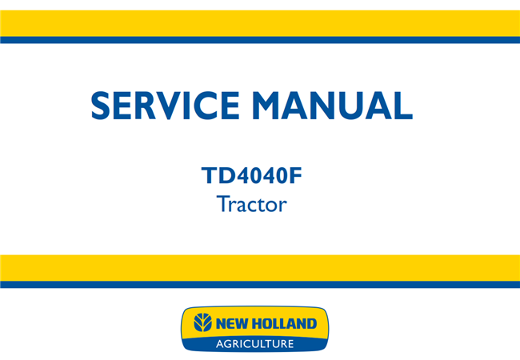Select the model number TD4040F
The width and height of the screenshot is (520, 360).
point(251,174)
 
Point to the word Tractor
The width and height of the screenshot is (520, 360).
point(251,204)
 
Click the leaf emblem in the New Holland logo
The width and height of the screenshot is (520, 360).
point(204,324)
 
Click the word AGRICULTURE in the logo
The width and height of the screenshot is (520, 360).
point(254,344)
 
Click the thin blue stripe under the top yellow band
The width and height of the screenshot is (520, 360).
point(260,40)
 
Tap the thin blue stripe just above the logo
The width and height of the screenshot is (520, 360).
point(260,285)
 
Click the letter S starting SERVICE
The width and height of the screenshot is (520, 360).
point(102,106)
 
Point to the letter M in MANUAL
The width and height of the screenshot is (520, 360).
point(281,106)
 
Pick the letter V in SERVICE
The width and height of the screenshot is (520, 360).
point(177,106)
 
